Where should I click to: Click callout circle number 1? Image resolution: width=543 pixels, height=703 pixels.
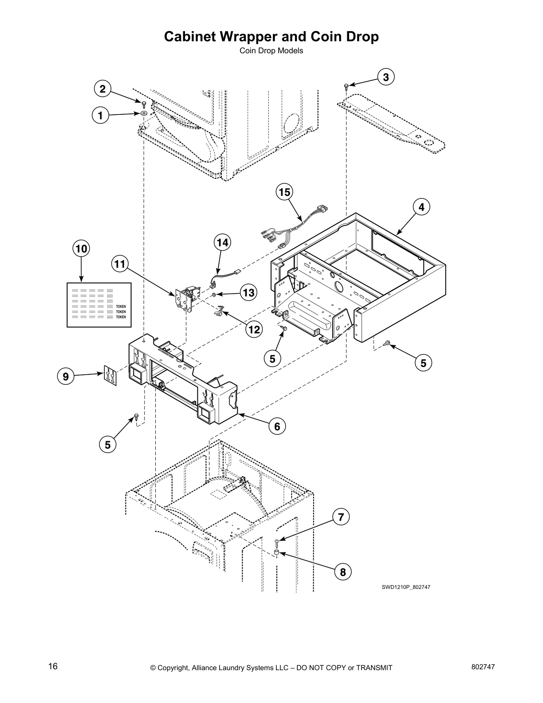tap(101, 116)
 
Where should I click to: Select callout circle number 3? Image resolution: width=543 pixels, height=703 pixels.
tap(386, 77)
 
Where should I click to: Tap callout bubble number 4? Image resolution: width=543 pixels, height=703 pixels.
tap(421, 207)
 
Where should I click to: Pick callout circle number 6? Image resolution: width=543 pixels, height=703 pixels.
tap(277, 427)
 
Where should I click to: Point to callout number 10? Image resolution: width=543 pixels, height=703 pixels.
tap(81, 249)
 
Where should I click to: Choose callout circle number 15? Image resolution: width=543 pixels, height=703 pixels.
tap(285, 192)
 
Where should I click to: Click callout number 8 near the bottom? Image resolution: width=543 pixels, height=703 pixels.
tap(343, 572)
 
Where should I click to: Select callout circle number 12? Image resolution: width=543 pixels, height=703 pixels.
tap(255, 329)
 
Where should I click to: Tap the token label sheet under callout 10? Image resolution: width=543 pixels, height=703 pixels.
tap(99, 304)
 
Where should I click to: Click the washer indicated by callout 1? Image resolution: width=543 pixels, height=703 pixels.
tap(145, 114)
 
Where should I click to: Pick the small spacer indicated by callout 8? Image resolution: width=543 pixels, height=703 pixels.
tap(276, 553)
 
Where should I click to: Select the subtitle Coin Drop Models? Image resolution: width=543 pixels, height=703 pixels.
tap(271, 51)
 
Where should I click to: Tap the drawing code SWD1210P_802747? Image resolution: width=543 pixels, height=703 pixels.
tap(406, 587)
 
